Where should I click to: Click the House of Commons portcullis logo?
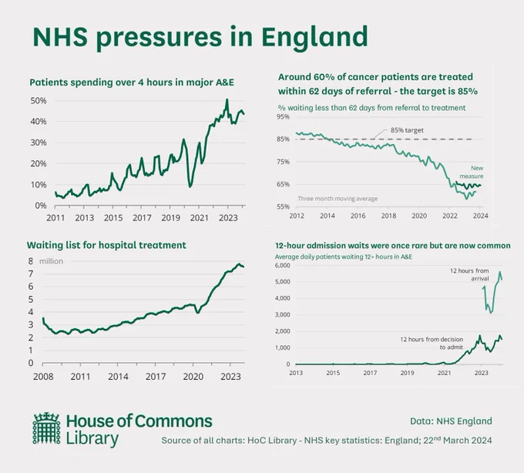47,428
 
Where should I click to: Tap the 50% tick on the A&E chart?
39,101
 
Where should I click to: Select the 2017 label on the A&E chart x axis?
142,218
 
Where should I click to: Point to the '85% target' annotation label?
407,130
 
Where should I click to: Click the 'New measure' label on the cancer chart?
472,172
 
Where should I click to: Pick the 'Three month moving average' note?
338,199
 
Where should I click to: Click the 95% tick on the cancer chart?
283,116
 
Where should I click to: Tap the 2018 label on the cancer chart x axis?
388,216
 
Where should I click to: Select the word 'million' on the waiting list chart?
51,261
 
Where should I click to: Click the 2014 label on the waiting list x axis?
118,377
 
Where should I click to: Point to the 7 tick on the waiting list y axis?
31,274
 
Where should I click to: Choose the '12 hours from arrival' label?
469,274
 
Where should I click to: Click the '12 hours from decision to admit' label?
432,344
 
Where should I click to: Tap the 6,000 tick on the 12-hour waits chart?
282,266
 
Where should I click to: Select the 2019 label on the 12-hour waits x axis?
407,373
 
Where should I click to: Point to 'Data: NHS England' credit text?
451,421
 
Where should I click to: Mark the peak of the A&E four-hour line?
227,99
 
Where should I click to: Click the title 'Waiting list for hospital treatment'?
106,245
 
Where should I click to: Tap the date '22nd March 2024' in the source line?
458,440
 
